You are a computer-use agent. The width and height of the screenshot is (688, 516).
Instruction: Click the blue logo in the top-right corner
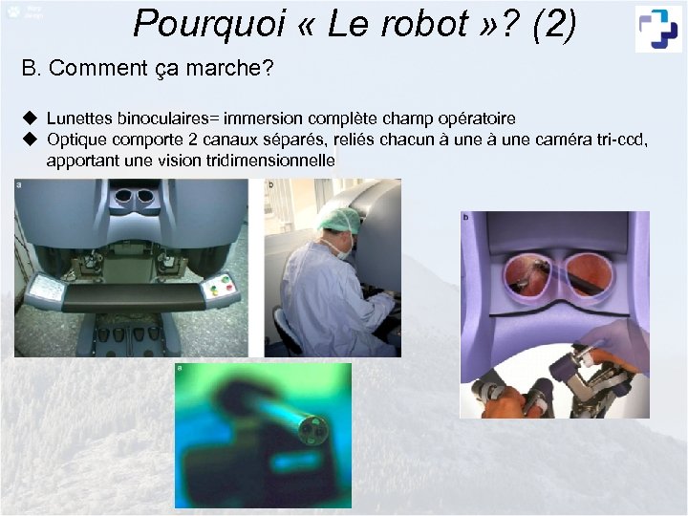tap(659, 28)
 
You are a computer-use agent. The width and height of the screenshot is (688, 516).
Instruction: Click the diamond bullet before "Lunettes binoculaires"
tap(30, 118)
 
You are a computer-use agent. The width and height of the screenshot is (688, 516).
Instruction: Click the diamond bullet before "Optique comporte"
tap(30, 140)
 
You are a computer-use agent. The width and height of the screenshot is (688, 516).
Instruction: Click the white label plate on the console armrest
tap(46, 288)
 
